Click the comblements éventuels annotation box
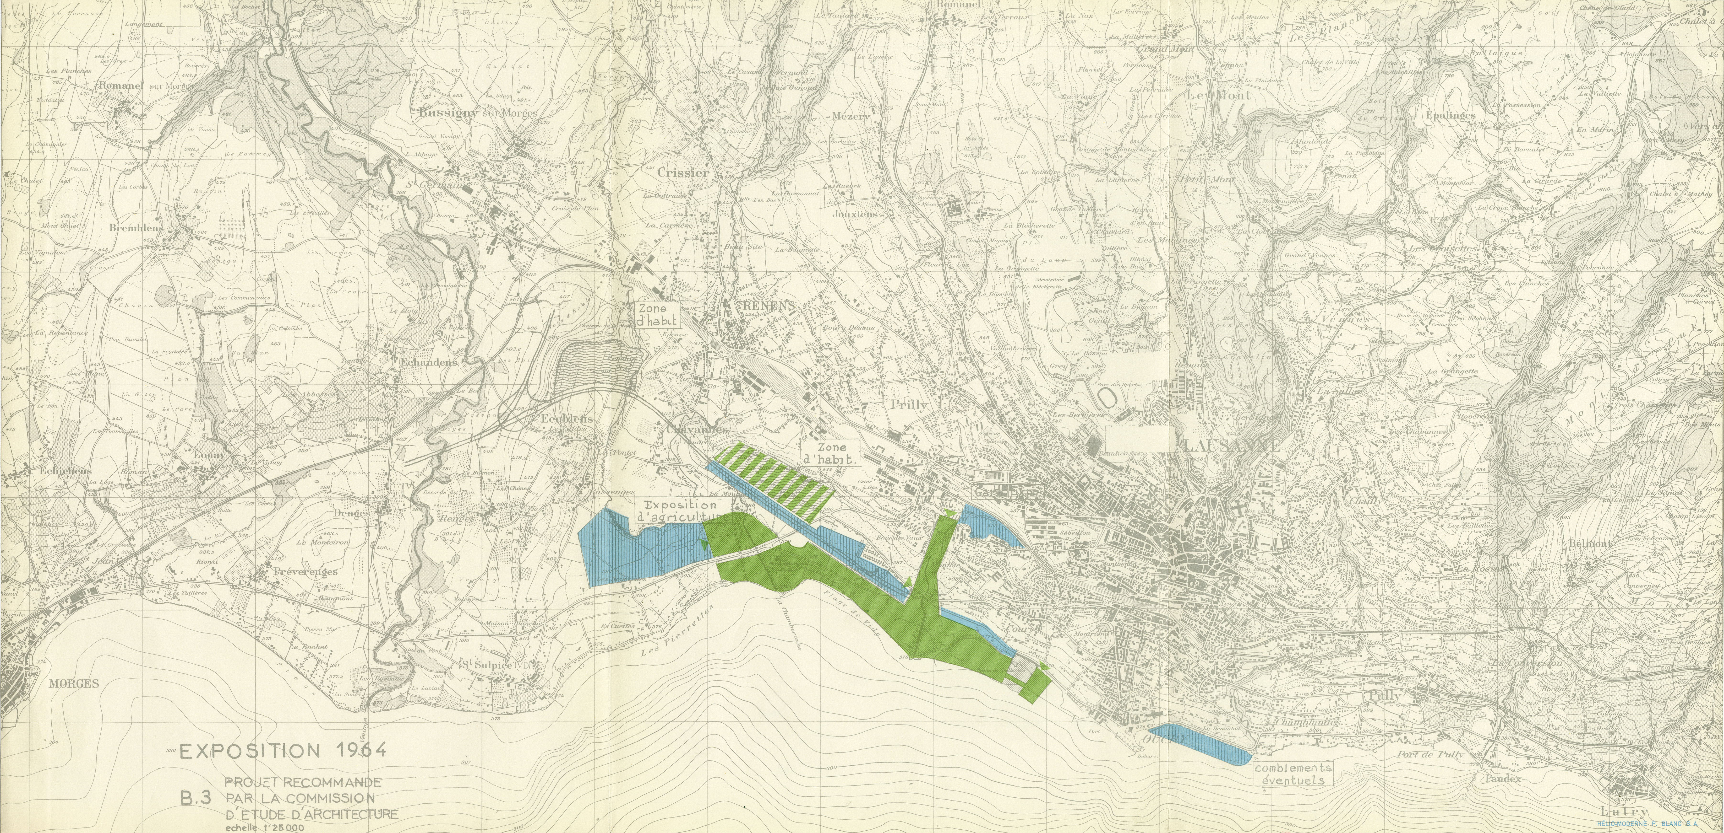pos(1293,775)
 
